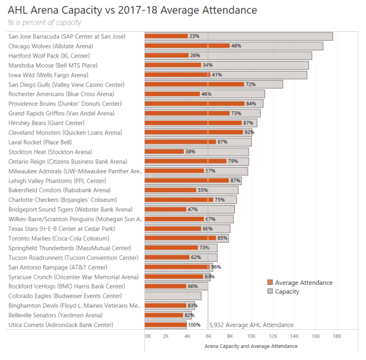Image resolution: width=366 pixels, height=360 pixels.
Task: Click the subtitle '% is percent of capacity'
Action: (x=45, y=22)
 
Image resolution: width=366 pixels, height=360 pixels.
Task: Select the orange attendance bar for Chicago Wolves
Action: (x=187, y=46)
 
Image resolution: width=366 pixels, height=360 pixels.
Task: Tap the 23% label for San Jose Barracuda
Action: (x=194, y=36)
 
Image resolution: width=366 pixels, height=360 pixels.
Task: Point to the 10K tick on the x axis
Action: (x=252, y=336)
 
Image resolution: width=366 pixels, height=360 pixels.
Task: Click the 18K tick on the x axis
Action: (x=337, y=336)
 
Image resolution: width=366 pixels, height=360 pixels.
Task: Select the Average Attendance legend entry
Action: (x=303, y=283)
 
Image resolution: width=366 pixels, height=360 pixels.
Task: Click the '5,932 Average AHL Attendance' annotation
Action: (x=251, y=325)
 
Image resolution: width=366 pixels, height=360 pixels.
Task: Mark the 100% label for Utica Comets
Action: (x=194, y=325)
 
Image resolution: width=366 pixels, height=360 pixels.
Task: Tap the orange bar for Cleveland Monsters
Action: (x=194, y=132)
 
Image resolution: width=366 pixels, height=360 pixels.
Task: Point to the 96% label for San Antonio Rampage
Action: (x=216, y=267)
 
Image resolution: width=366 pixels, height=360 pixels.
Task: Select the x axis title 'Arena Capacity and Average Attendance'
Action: (x=251, y=346)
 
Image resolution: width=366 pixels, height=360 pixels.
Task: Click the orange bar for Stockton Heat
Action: (x=165, y=151)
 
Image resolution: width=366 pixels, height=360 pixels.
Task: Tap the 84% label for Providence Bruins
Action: (x=251, y=104)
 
